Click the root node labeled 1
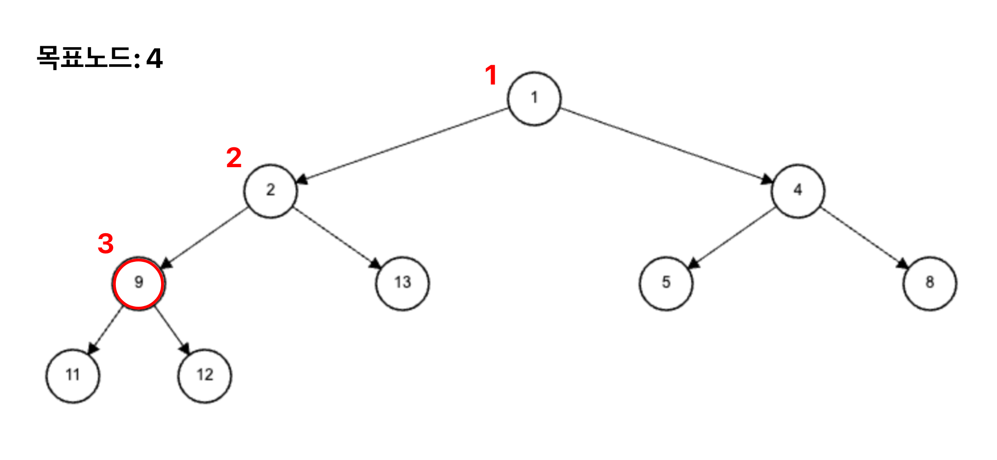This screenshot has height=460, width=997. pos(534,98)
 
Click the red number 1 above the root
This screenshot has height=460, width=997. pos(491,75)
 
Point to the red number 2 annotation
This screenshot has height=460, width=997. pos(234,158)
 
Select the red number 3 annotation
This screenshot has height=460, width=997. pos(106,244)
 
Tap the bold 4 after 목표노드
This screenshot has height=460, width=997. pos(154,59)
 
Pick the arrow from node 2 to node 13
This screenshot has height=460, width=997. pos(337,238)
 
